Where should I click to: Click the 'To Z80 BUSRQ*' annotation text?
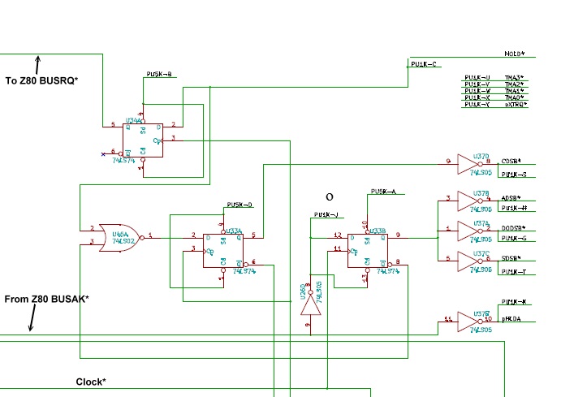click(41, 80)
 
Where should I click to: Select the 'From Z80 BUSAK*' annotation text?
click(46, 299)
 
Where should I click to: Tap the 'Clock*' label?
click(91, 382)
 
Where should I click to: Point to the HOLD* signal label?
click(514, 54)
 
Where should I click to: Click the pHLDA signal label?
click(511, 320)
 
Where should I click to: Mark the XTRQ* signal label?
click(515, 105)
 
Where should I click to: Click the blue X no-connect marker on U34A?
click(102, 153)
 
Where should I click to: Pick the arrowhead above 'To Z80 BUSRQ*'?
click(37, 59)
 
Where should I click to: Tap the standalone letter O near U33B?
click(329, 196)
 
